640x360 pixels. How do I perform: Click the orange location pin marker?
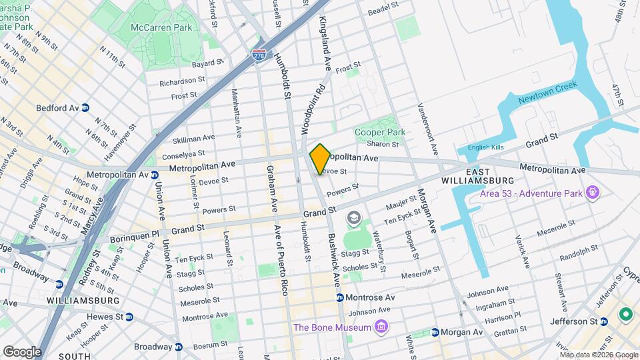tap(320, 158)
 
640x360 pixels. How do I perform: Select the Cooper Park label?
tap(380, 132)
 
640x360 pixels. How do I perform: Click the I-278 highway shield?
tap(259, 55)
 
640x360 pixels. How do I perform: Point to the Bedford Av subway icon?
tap(86, 108)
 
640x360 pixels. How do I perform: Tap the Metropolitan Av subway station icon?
tap(154, 175)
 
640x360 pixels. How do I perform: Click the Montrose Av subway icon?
tap(340, 297)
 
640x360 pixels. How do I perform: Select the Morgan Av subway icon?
tap(435, 332)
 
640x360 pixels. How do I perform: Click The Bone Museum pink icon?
tap(381, 327)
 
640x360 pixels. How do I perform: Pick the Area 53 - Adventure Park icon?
tap(591, 194)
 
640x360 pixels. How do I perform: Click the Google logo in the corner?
tap(23, 351)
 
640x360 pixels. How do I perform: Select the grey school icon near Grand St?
tap(352, 218)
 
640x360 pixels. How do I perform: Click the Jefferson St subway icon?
tap(604, 321)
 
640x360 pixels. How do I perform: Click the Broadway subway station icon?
tap(179, 347)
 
